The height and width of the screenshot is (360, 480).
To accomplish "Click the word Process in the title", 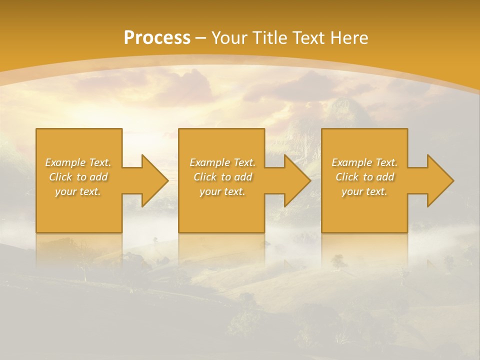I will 157,38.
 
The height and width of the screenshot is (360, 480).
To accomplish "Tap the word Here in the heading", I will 348,38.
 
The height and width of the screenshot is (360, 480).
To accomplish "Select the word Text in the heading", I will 309,38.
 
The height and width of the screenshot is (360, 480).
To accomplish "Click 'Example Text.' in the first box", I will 78,162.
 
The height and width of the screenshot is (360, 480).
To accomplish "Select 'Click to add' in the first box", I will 78,177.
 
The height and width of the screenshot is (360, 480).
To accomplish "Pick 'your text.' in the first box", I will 78,191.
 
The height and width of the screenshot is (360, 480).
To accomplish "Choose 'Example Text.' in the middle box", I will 222,162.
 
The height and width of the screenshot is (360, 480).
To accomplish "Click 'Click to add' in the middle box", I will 222,177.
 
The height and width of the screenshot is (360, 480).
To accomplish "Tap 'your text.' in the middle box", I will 222,191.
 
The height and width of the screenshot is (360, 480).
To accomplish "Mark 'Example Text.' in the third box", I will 364,162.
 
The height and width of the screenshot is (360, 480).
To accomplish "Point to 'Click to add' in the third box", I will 364,177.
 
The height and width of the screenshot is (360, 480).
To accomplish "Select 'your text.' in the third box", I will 364,191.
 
